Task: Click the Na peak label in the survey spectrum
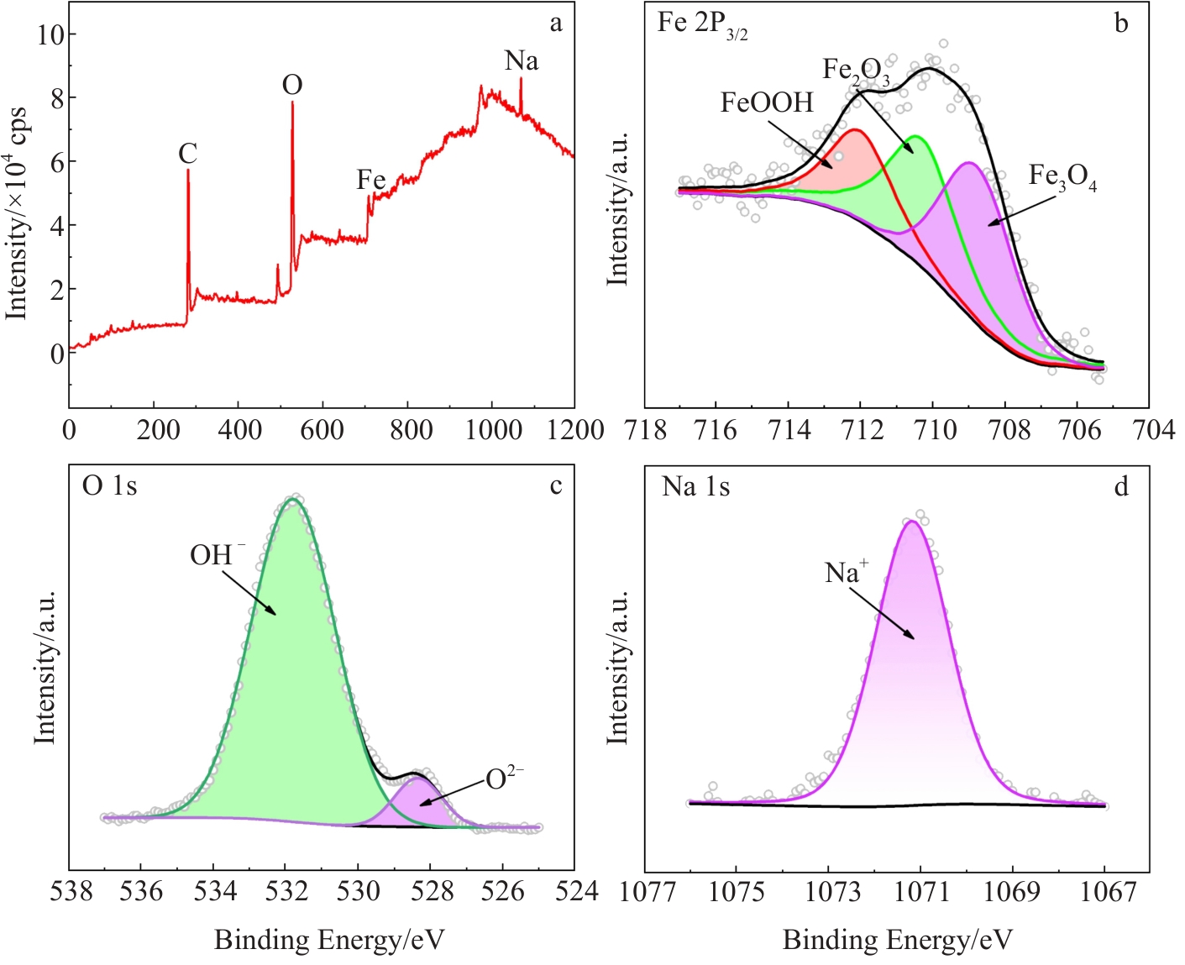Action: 521,61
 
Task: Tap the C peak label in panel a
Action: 187,154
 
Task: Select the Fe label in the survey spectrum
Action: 370,180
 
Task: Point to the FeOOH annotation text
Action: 767,102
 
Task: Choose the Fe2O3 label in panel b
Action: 855,71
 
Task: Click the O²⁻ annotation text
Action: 504,779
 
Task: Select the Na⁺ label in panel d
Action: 846,573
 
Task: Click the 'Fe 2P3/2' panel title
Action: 702,24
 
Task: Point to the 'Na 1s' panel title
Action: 695,487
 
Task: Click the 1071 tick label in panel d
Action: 920,891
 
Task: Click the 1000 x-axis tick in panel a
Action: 492,431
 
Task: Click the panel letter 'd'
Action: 1121,487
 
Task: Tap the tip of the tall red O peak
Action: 292,102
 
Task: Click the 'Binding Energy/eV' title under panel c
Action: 329,940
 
